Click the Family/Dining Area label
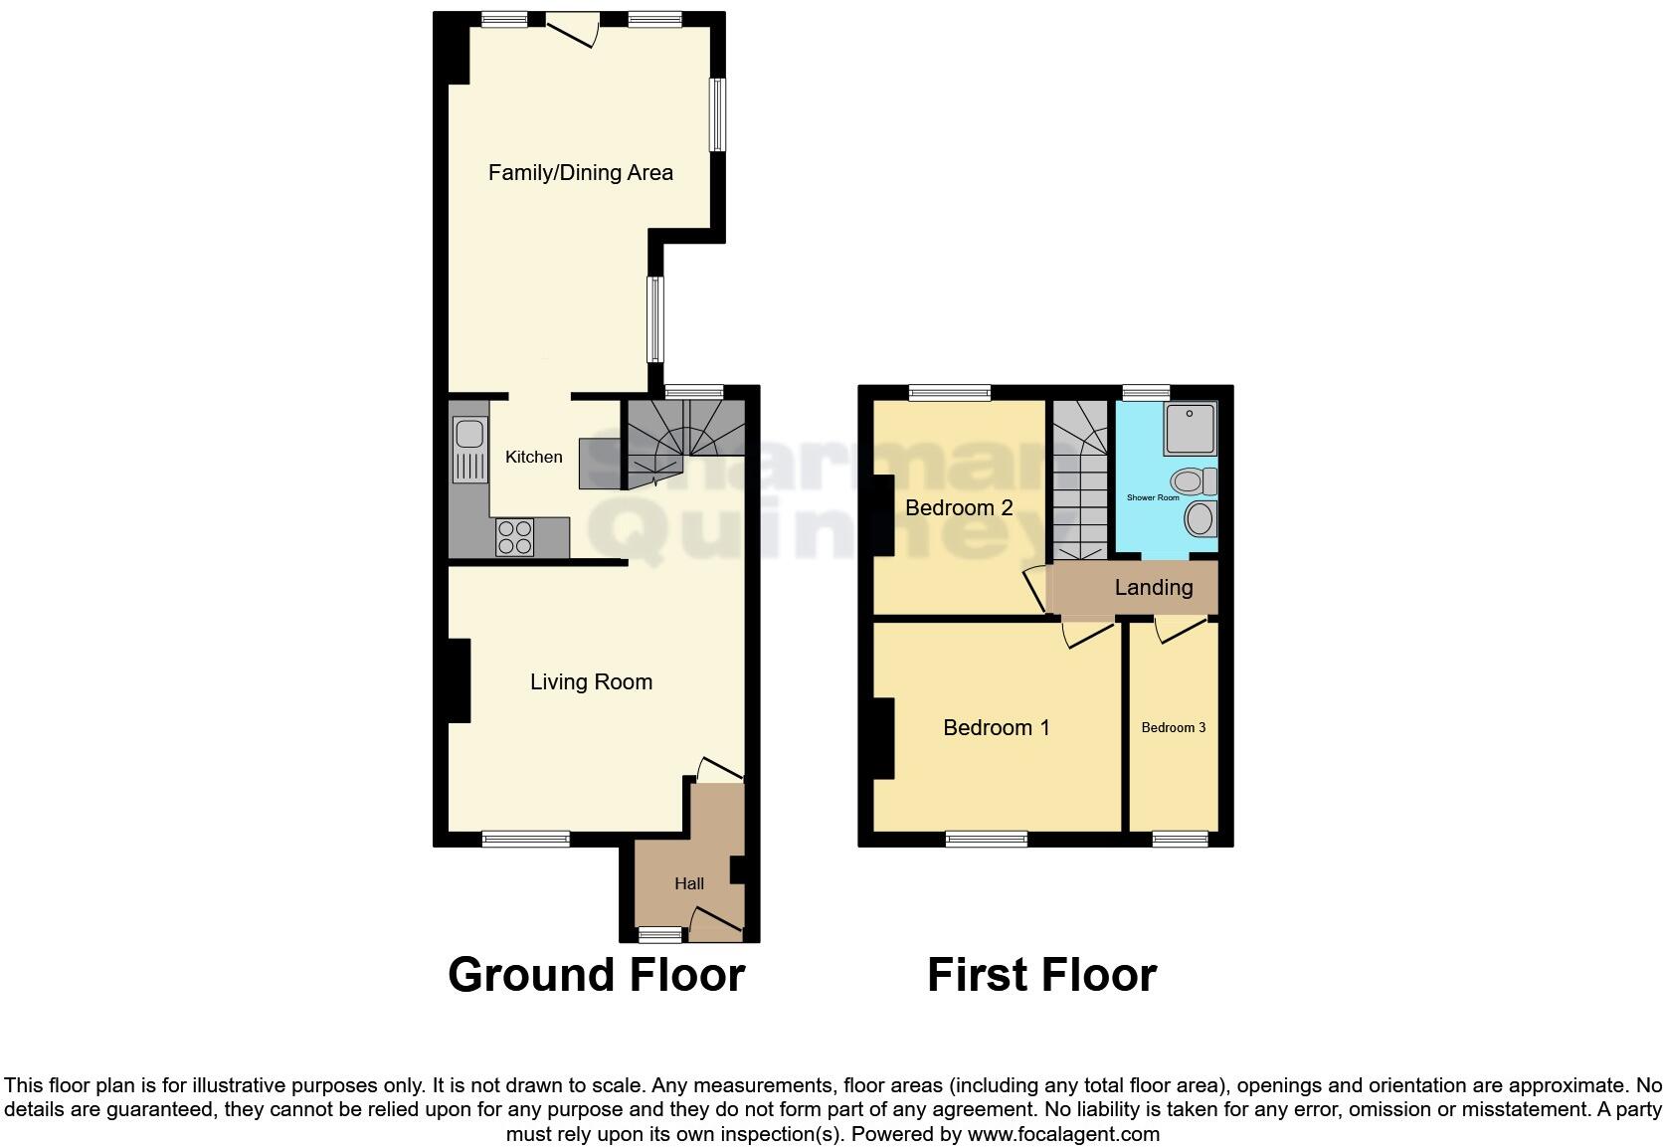[581, 173]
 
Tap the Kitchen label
[534, 457]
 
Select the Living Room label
[591, 682]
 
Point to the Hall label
[689, 883]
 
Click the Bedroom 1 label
[997, 728]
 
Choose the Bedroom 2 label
[959, 508]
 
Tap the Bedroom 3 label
[1174, 728]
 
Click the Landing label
[1154, 588]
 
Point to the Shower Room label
[1153, 497]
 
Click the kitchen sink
[468, 436]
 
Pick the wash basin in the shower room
[1201, 518]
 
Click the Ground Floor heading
[596, 975]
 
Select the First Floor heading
[1041, 975]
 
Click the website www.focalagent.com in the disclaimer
[1062, 1133]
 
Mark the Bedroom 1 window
[987, 840]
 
